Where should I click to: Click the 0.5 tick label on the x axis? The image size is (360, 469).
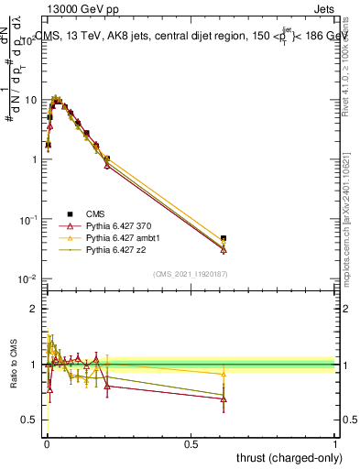(191, 442)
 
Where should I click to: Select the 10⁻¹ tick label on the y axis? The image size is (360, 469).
(27, 220)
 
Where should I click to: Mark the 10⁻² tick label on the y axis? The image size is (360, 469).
(27, 279)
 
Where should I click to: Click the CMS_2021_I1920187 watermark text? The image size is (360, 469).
(190, 274)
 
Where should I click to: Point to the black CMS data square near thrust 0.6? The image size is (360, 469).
(224, 239)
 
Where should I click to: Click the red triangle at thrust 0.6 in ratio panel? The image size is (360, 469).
(224, 399)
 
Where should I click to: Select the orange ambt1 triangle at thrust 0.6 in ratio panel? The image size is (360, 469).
(224, 374)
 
